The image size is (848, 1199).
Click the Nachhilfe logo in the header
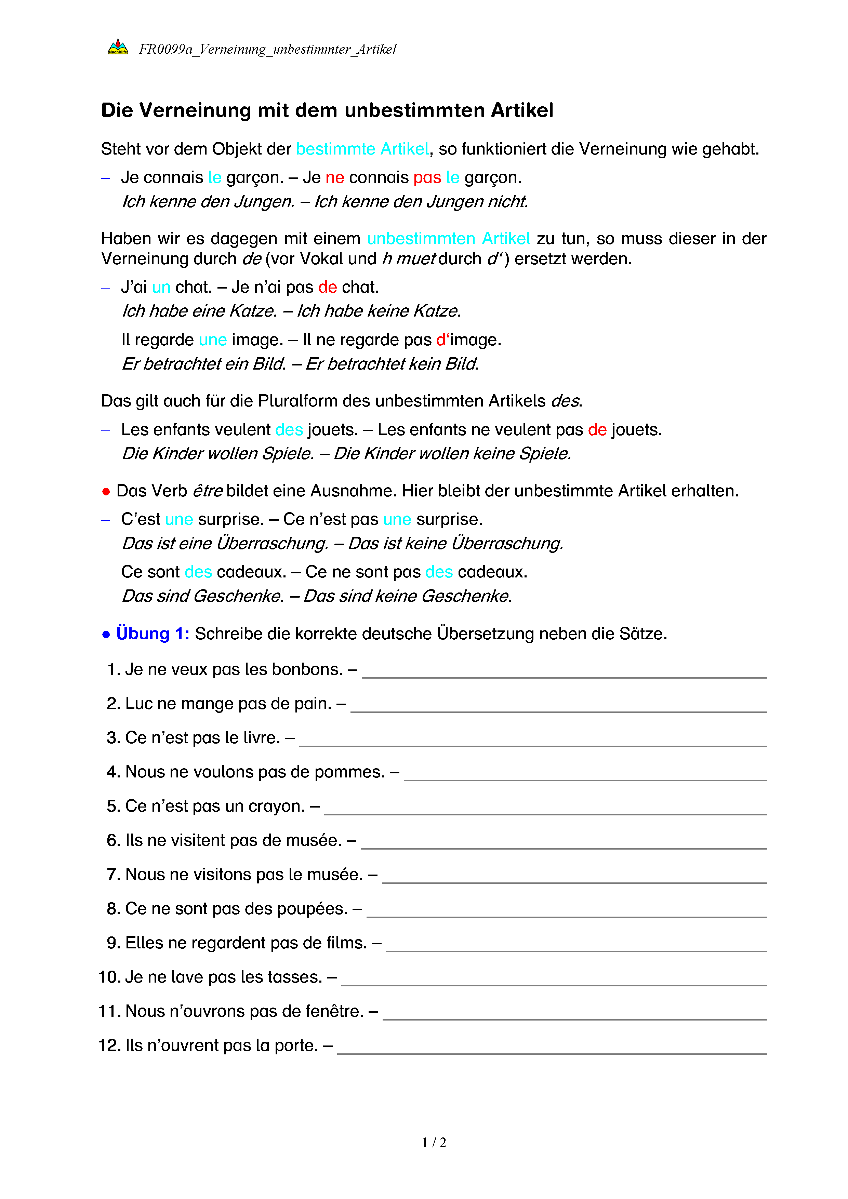click(x=118, y=48)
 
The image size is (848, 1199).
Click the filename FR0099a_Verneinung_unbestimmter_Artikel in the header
click(x=267, y=49)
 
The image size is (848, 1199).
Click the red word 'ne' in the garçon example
click(x=335, y=177)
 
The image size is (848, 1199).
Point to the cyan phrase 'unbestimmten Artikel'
click(x=449, y=239)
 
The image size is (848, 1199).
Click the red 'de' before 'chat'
click(x=327, y=287)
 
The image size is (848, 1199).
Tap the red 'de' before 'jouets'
click(x=597, y=430)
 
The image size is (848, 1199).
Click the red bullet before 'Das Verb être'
click(x=106, y=491)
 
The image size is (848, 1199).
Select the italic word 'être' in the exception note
click(x=207, y=491)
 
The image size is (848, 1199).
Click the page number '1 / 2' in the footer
click(x=434, y=1143)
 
